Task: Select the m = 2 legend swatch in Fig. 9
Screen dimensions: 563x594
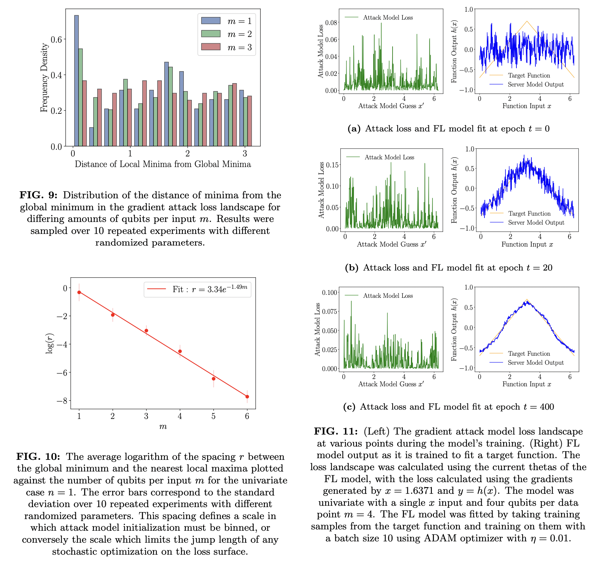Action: point(211,34)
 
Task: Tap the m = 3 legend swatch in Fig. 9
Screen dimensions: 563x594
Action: point(211,47)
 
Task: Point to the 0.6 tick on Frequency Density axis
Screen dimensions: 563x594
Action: point(56,39)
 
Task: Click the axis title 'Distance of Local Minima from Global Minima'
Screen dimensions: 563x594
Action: point(163,164)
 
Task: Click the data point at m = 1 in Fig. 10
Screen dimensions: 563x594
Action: point(79,292)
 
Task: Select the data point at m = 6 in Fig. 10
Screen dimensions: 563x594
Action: point(247,397)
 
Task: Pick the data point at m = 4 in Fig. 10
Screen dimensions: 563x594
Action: point(180,351)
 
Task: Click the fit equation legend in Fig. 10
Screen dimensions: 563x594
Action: point(197,289)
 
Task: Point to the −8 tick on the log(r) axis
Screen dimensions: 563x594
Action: point(61,401)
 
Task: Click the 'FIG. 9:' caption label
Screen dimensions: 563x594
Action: point(38,195)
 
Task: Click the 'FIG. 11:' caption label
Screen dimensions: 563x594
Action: point(336,432)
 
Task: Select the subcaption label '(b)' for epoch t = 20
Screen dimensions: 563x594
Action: point(351,268)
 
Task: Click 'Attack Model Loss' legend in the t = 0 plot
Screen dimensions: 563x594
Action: point(388,18)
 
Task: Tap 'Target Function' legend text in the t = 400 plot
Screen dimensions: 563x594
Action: point(529,354)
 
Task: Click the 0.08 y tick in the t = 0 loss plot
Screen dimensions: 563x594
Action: point(331,23)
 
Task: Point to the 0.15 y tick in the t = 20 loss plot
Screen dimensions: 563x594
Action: point(332,165)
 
